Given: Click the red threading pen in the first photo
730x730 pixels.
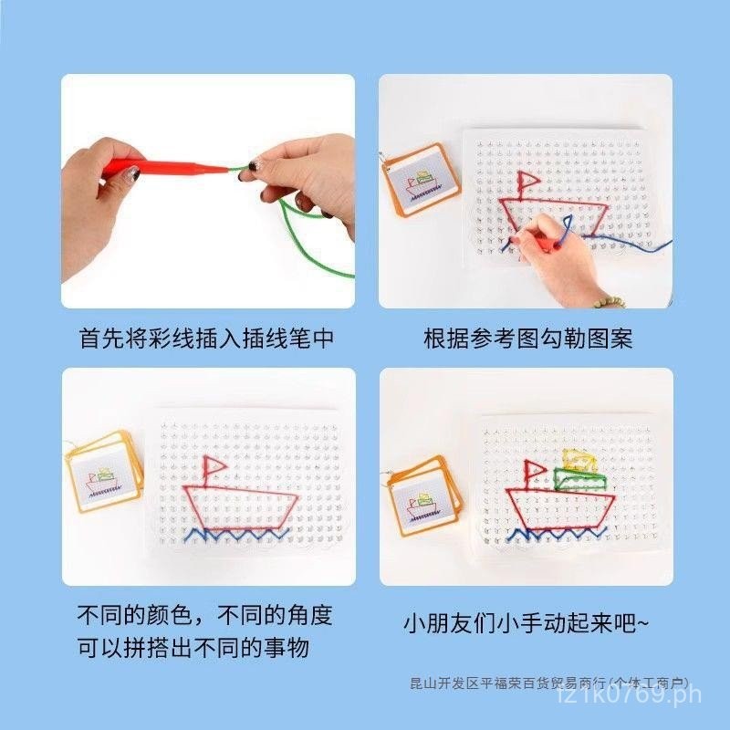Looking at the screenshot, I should click(164, 167).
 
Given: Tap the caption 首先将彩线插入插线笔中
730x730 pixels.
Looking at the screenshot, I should click(206, 339).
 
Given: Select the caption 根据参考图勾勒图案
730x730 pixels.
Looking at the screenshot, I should click(527, 339).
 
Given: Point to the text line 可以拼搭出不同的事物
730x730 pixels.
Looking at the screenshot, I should click(193, 649).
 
